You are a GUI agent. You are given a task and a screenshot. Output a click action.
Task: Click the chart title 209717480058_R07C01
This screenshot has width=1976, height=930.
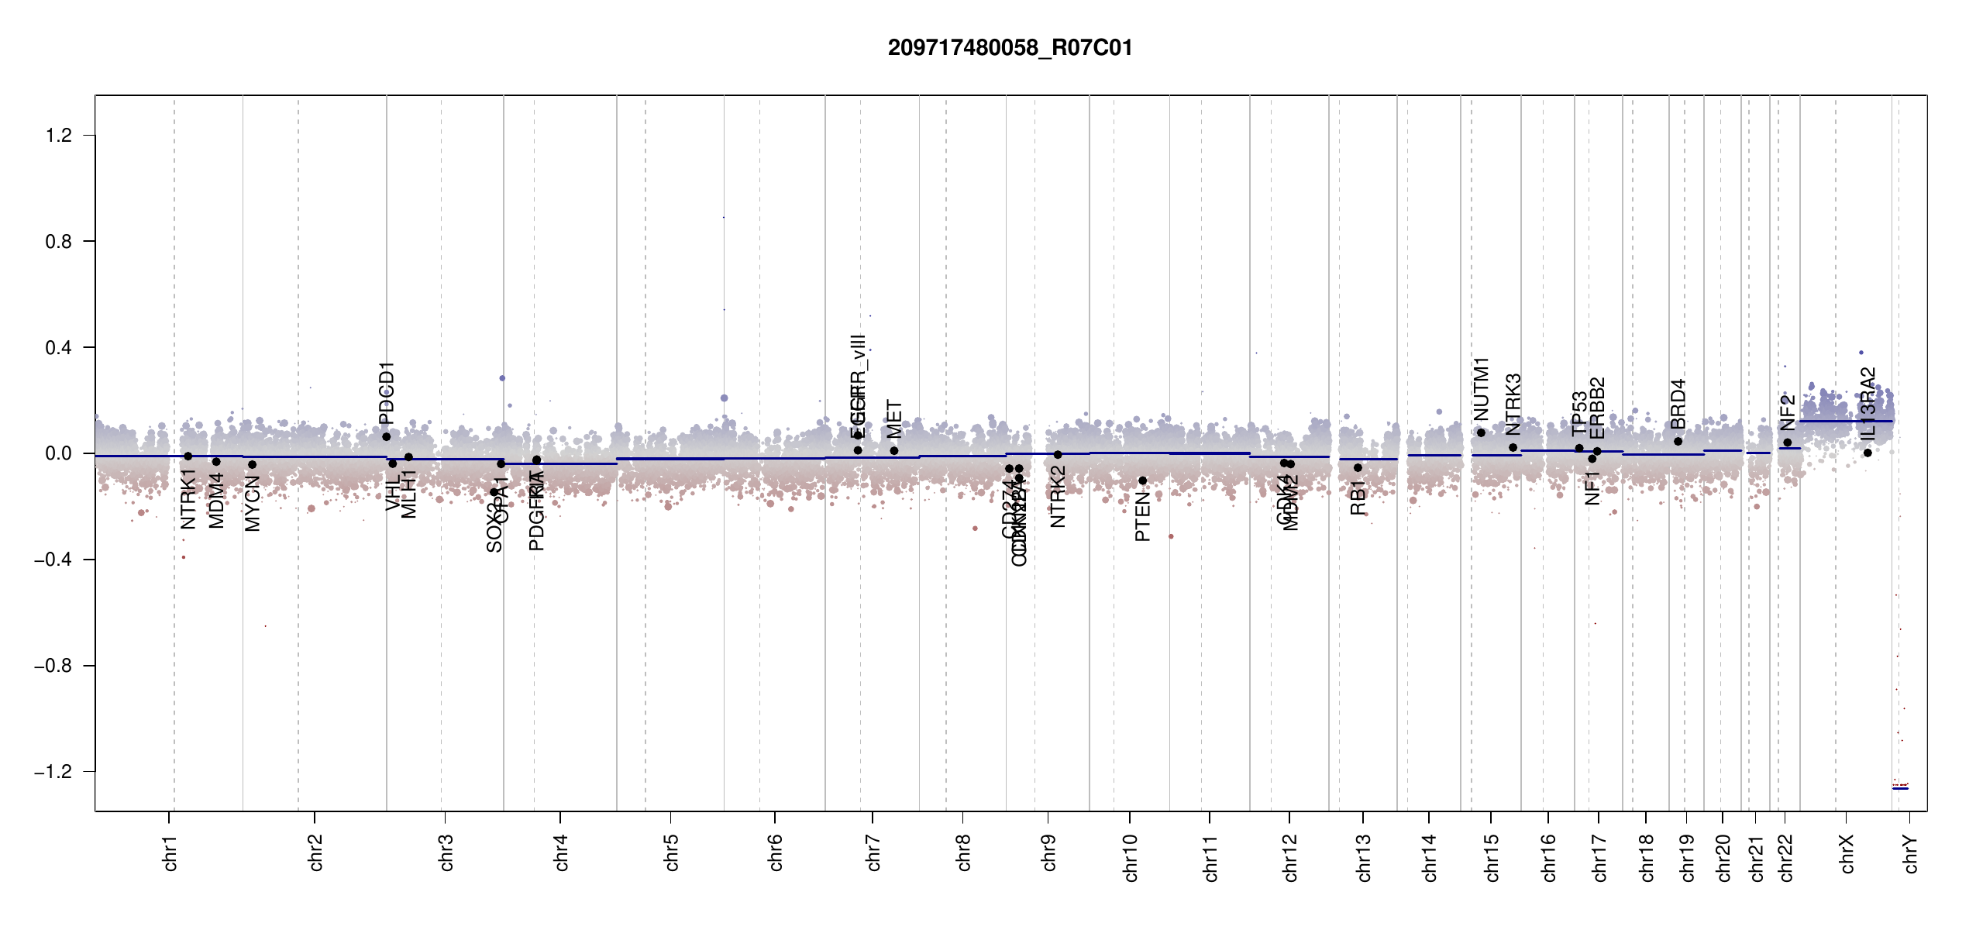click(1010, 48)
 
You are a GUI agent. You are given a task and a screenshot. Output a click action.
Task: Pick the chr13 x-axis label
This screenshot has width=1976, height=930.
click(1364, 857)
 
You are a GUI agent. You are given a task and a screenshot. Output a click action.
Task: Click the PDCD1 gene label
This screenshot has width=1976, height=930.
click(387, 393)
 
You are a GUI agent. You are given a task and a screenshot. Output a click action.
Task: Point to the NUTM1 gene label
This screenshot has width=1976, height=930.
click(1481, 389)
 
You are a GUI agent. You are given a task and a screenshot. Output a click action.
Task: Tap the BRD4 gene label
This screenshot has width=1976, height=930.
click(1678, 404)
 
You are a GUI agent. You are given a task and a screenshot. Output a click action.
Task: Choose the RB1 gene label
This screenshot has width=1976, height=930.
click(1358, 498)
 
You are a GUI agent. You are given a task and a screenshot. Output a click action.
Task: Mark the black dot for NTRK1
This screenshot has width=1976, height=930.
click(188, 456)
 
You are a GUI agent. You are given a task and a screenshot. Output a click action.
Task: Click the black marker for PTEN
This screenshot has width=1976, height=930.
click(1142, 480)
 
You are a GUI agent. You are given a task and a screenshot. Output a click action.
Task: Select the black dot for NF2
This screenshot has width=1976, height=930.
click(1787, 443)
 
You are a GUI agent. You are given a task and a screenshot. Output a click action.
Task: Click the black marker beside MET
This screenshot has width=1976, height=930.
click(893, 450)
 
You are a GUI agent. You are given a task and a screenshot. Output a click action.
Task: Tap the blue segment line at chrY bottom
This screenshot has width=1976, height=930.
click(1900, 788)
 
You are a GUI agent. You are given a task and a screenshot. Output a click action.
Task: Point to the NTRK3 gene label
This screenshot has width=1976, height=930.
click(1513, 405)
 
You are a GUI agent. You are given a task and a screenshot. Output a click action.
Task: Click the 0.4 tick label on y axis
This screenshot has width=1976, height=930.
click(59, 348)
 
